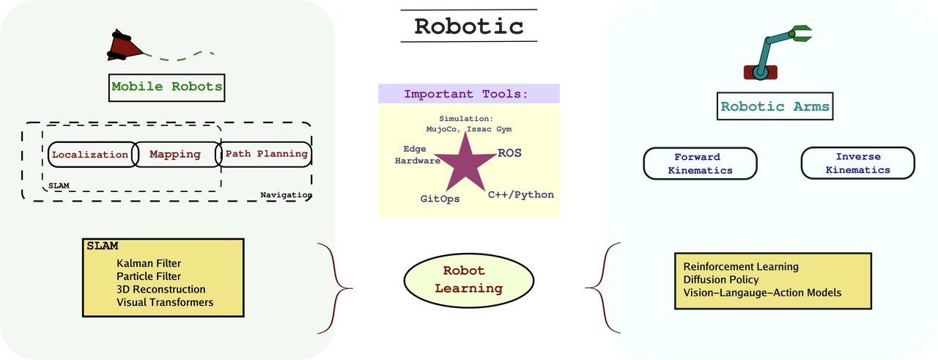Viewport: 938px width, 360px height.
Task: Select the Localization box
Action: (89, 155)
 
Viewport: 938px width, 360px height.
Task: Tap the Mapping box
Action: (175, 155)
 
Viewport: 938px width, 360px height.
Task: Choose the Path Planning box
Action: (266, 155)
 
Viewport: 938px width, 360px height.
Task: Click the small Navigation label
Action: (285, 195)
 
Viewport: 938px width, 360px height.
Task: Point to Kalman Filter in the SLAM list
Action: (149, 263)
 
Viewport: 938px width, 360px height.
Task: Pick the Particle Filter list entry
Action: (149, 276)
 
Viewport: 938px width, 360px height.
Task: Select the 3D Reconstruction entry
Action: (161, 290)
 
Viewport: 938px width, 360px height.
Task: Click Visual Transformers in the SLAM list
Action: (165, 302)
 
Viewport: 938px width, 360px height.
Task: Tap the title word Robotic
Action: (469, 26)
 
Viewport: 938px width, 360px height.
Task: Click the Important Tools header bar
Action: (469, 93)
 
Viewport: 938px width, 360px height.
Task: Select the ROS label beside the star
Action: (509, 153)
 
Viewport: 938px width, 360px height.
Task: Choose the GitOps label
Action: (440, 198)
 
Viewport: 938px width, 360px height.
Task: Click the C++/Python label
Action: (521, 194)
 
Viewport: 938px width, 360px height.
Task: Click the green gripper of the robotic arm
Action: (799, 33)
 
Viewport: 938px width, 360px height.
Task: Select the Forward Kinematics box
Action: (700, 163)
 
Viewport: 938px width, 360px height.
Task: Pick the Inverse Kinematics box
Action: (857, 163)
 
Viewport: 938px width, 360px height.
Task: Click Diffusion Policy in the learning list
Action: (721, 279)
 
